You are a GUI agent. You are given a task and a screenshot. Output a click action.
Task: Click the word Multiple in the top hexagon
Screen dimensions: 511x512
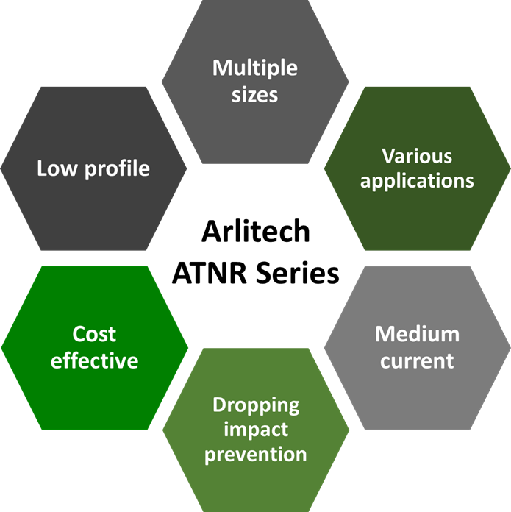[255, 69]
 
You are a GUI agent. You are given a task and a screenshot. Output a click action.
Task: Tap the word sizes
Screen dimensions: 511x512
[255, 95]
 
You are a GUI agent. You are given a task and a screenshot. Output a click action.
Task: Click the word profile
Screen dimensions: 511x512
[117, 169]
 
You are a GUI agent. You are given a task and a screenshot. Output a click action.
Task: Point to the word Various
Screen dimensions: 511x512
[417, 157]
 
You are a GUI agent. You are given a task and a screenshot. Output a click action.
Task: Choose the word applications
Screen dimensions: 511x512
[417, 181]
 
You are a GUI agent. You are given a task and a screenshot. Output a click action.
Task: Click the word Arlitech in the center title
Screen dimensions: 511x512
[256, 231]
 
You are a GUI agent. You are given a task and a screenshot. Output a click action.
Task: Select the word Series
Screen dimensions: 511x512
[297, 273]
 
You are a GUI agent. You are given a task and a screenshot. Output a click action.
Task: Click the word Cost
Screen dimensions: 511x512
[94, 335]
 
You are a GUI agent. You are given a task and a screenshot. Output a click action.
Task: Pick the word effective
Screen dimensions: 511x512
[94, 360]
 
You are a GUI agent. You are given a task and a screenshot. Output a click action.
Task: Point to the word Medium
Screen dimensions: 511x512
[417, 335]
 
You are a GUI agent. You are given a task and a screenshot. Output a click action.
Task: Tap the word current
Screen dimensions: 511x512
[417, 361]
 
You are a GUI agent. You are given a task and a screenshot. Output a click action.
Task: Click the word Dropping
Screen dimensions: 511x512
[256, 406]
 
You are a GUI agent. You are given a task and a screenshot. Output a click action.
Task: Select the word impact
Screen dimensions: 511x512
[256, 430]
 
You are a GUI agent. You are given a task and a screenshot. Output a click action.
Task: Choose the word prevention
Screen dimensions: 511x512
[256, 455]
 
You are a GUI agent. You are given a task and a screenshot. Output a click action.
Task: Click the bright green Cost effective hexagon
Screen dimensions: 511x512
[95, 348]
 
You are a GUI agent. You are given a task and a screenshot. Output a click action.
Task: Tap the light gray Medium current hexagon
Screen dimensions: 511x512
[418, 348]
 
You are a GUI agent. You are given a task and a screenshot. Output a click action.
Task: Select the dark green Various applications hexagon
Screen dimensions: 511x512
[418, 168]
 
